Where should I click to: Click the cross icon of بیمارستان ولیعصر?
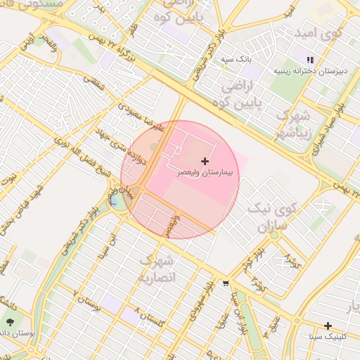[205, 162]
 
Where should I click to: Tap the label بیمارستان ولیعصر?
[204, 172]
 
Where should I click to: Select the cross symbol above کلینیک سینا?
[328, 326]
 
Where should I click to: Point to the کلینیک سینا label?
[328, 337]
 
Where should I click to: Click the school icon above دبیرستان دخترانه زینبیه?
[311, 60]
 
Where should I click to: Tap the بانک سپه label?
[237, 60]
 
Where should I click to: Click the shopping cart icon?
[225, 284]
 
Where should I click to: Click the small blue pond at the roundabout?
[114, 202]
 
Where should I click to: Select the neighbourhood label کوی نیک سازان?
[274, 218]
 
